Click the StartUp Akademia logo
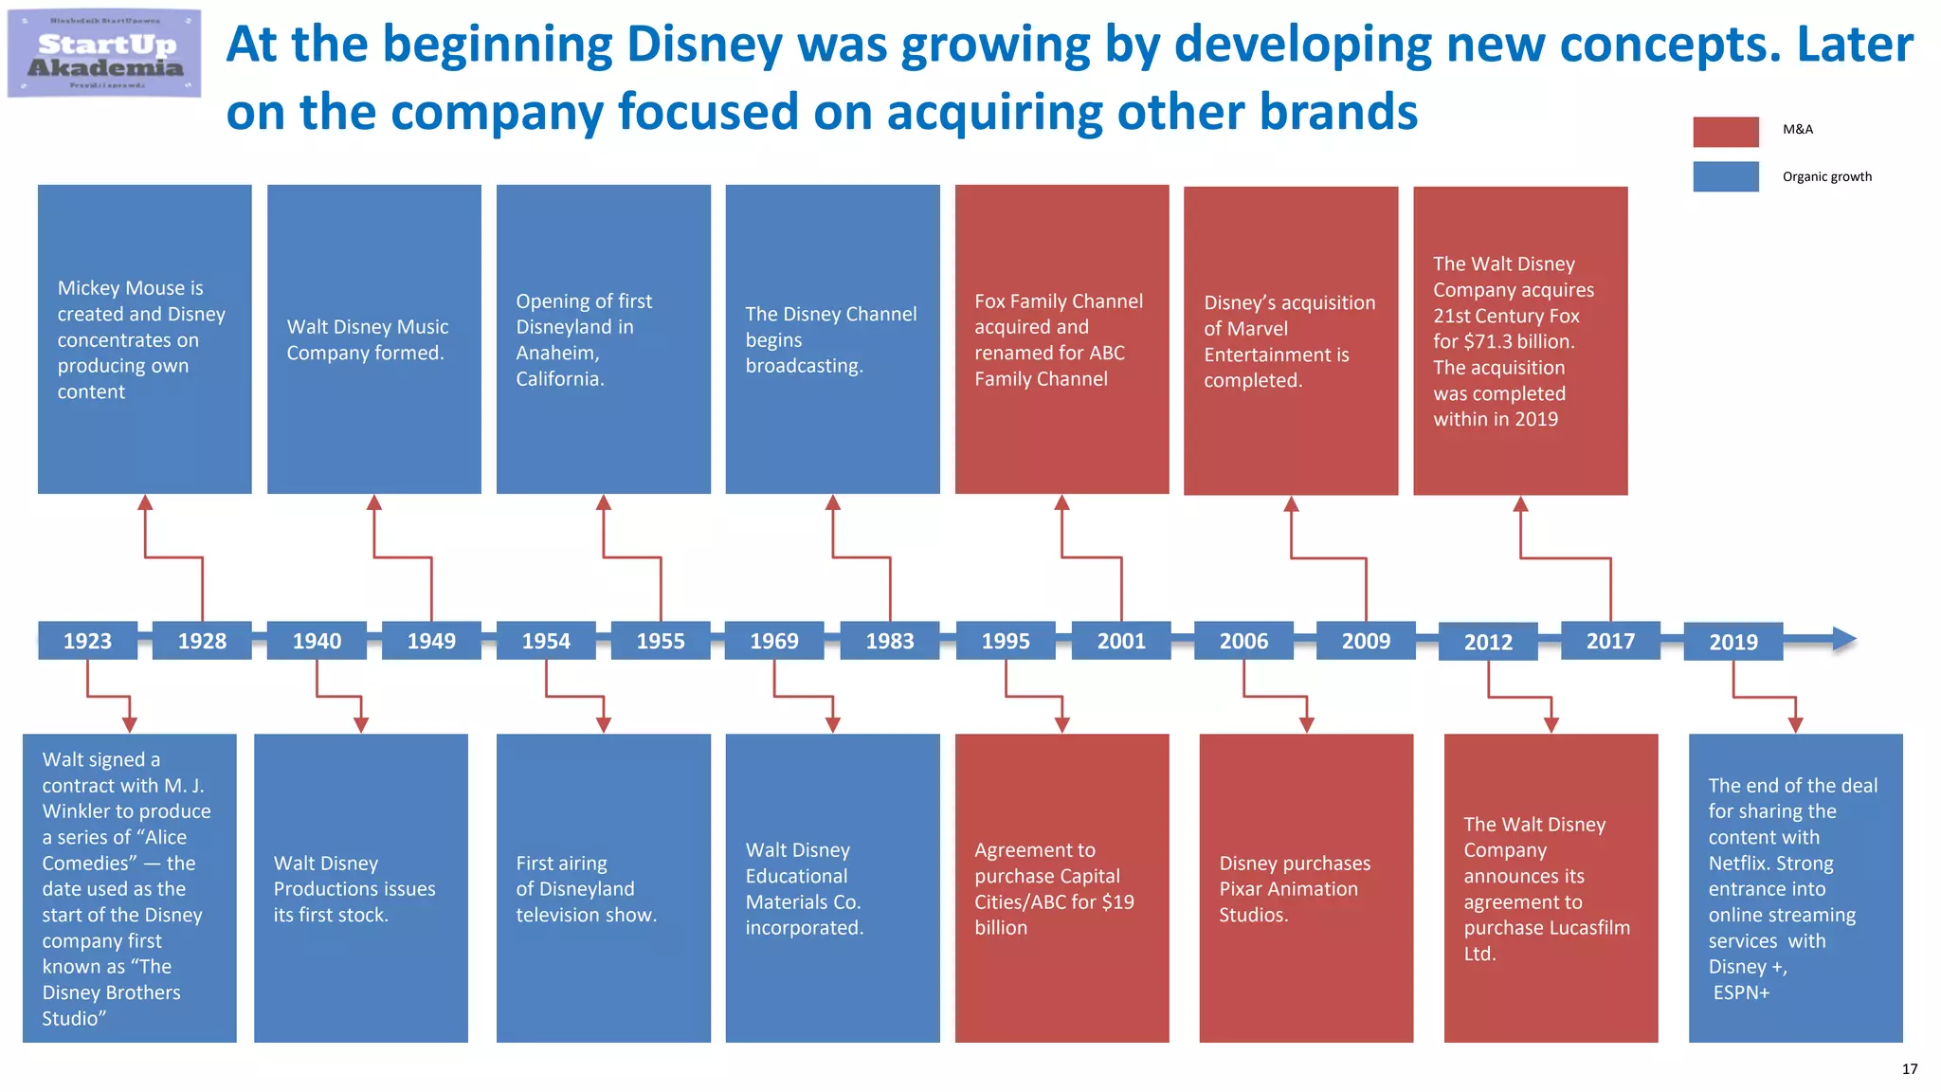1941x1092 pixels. point(104,54)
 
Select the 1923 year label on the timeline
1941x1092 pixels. point(87,641)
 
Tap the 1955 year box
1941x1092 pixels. point(661,641)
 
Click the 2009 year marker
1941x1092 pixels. point(1366,641)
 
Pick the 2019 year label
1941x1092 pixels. point(1732,642)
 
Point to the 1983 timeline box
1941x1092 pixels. point(890,641)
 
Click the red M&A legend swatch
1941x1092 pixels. point(1725,132)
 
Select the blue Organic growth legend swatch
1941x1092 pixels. point(1725,176)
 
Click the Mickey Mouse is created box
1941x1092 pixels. point(145,339)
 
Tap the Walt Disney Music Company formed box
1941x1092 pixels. point(374,339)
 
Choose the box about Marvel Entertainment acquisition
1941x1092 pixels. point(1291,340)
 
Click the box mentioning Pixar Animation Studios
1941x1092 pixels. point(1306,888)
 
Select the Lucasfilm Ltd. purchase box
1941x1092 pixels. point(1551,888)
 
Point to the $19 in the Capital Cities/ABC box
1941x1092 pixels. point(1117,901)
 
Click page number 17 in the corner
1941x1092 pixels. point(1909,1069)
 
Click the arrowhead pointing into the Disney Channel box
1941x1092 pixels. point(833,502)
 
